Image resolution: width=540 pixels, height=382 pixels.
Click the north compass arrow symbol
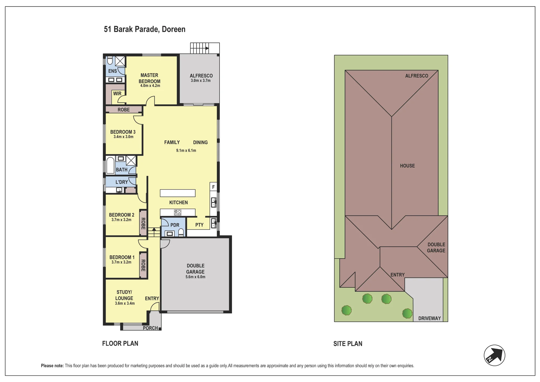tap(494, 355)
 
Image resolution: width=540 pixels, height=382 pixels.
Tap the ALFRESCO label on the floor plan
tap(201, 76)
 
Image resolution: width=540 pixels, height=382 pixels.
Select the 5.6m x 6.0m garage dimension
tap(195, 277)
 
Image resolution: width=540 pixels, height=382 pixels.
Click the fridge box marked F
tap(213, 187)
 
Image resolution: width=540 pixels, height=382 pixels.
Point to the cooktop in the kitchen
tap(178, 213)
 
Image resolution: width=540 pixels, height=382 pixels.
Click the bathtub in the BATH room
tap(110, 165)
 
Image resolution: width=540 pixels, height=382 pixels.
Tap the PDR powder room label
tap(175, 225)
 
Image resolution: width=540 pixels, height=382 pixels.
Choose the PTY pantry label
tap(199, 225)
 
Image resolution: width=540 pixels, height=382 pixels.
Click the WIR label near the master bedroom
tap(117, 93)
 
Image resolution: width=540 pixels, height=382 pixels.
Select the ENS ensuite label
tap(113, 71)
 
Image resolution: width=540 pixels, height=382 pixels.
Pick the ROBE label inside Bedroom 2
tap(143, 223)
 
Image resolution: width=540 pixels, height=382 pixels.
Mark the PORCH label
tap(150, 328)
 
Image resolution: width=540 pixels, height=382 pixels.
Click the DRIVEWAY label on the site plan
tap(429, 318)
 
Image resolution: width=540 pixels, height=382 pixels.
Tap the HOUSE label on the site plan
tap(407, 166)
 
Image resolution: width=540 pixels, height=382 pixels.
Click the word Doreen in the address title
tap(174, 29)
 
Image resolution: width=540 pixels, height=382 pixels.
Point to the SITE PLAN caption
tap(348, 344)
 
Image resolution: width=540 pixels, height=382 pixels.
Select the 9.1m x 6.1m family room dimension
tap(186, 150)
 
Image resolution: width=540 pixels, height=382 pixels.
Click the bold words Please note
tap(52, 366)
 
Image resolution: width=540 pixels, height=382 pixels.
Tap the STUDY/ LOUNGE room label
tap(124, 295)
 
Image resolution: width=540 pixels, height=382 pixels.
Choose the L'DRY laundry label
tap(122, 182)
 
